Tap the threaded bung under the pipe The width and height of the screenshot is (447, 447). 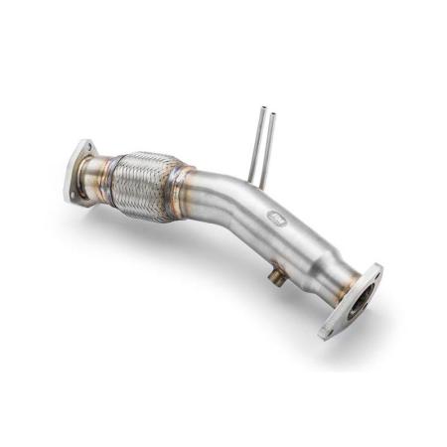click(x=279, y=279)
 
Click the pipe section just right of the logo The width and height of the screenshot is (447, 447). click(x=298, y=233)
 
